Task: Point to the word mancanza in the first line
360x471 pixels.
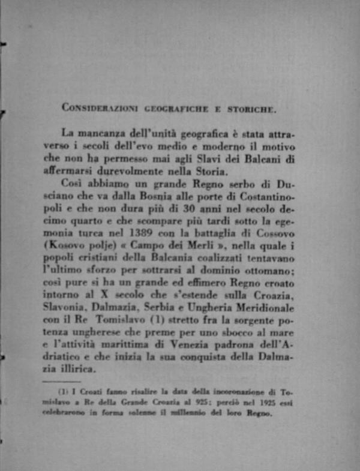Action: point(111,134)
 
